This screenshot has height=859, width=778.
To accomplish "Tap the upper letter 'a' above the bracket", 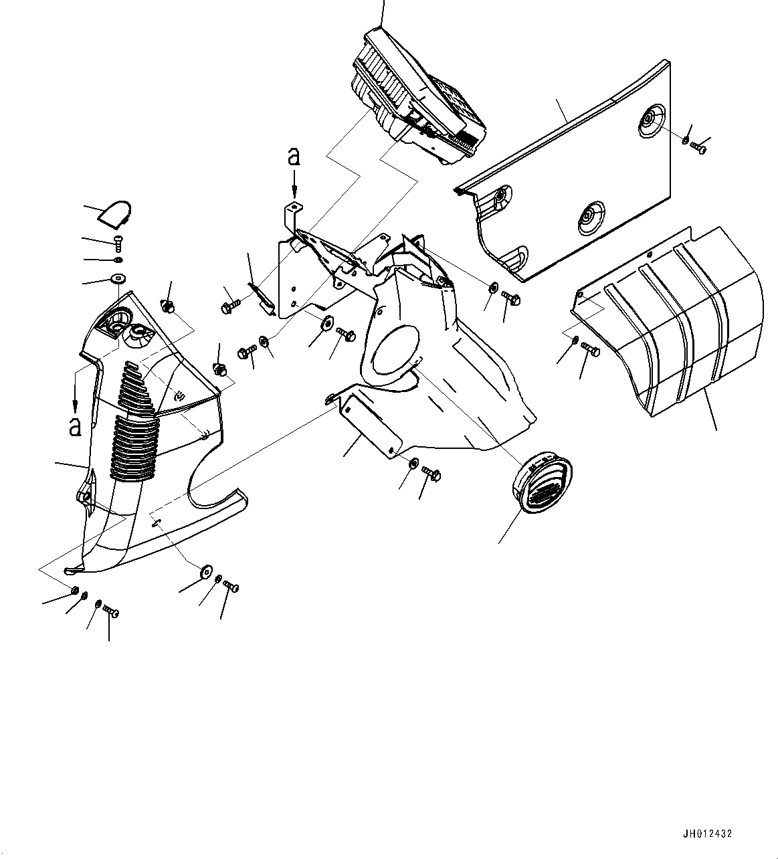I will click(x=293, y=158).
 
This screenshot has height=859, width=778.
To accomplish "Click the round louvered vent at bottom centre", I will click(x=542, y=480).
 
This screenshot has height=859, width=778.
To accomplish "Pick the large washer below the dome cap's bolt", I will click(x=119, y=278).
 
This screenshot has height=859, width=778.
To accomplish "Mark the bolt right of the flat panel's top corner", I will click(x=698, y=147).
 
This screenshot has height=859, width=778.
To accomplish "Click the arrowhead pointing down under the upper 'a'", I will click(x=294, y=191).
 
